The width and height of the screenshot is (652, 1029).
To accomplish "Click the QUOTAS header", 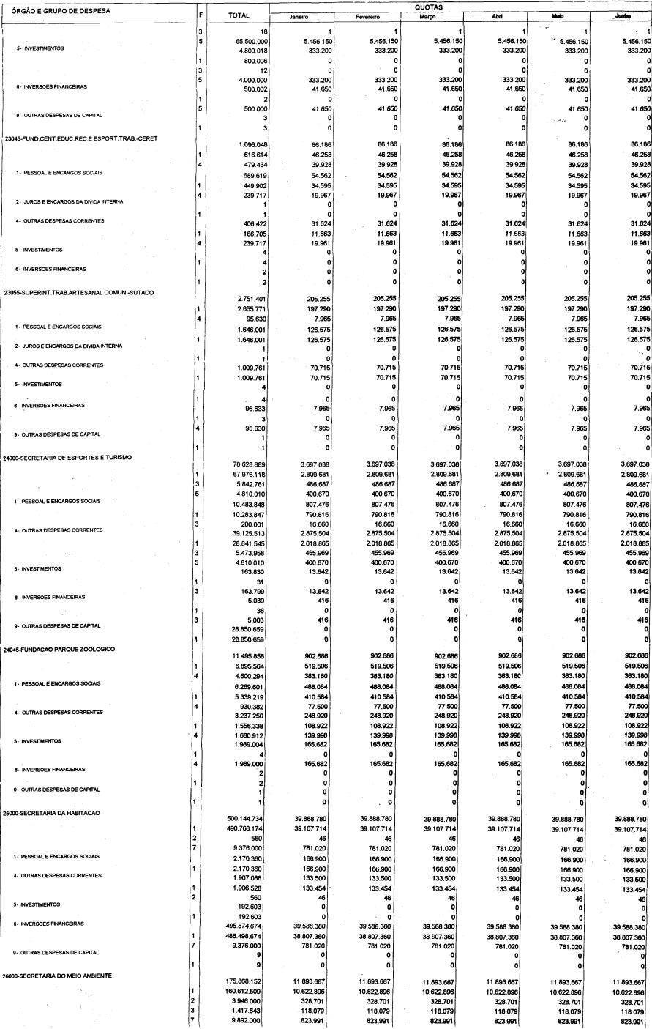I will tap(460, 6).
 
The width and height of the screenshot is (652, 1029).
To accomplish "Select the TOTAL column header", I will tap(239, 15).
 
